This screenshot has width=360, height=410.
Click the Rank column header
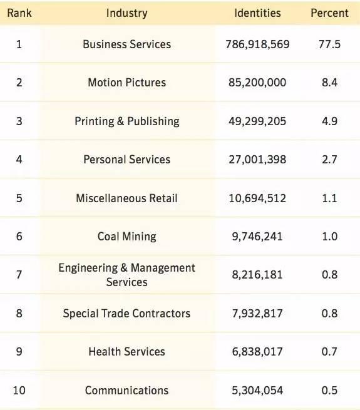[x=19, y=13]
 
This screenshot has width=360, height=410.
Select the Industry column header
[x=127, y=13]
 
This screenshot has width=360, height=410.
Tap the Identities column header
[x=257, y=13]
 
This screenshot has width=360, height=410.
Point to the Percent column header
[x=329, y=13]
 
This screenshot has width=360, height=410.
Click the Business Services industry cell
[x=127, y=44]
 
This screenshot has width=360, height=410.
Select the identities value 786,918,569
[x=257, y=44]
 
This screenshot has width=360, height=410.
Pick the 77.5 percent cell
[x=329, y=44]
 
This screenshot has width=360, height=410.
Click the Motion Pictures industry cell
[x=127, y=83]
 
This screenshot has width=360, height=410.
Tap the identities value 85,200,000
[x=257, y=83]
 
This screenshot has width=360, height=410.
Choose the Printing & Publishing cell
[x=127, y=121]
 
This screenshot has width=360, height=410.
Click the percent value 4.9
[x=329, y=121]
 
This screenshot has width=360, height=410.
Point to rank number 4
[x=19, y=160]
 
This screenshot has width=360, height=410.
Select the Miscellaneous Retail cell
[x=127, y=198]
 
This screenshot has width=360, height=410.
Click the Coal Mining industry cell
[x=127, y=237]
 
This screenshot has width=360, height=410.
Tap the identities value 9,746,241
[x=257, y=237]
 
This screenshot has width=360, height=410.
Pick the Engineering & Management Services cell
[x=127, y=275]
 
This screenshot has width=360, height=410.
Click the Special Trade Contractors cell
[x=127, y=314]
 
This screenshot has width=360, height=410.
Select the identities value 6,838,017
[x=257, y=352]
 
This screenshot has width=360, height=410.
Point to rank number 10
[x=19, y=391]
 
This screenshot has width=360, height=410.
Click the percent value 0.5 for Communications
[x=329, y=391]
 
